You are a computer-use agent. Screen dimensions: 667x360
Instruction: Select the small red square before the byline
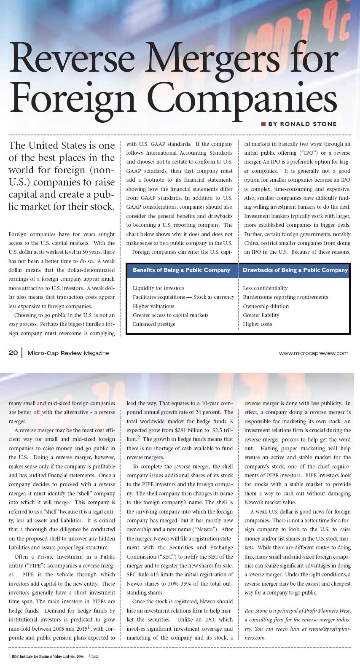263,124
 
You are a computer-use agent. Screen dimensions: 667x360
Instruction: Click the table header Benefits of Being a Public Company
181,270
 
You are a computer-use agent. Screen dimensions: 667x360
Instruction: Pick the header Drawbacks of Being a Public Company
295,270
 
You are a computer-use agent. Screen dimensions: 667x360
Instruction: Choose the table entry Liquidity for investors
159,288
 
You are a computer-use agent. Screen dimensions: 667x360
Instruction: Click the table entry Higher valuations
153,307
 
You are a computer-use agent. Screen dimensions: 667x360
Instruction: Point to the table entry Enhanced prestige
154,324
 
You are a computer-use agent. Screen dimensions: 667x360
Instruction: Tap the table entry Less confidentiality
265,288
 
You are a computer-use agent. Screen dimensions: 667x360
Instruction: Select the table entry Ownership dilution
266,307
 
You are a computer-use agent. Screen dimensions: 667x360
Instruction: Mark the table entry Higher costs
257,324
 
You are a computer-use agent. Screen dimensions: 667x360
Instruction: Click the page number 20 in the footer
13,353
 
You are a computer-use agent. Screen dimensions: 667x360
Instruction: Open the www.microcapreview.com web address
313,353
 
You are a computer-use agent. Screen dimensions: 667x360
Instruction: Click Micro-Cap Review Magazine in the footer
68,353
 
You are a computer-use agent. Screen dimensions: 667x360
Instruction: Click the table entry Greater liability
261,315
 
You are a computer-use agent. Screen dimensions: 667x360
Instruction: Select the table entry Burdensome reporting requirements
285,297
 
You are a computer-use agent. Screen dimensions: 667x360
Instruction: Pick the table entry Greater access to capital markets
170,315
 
